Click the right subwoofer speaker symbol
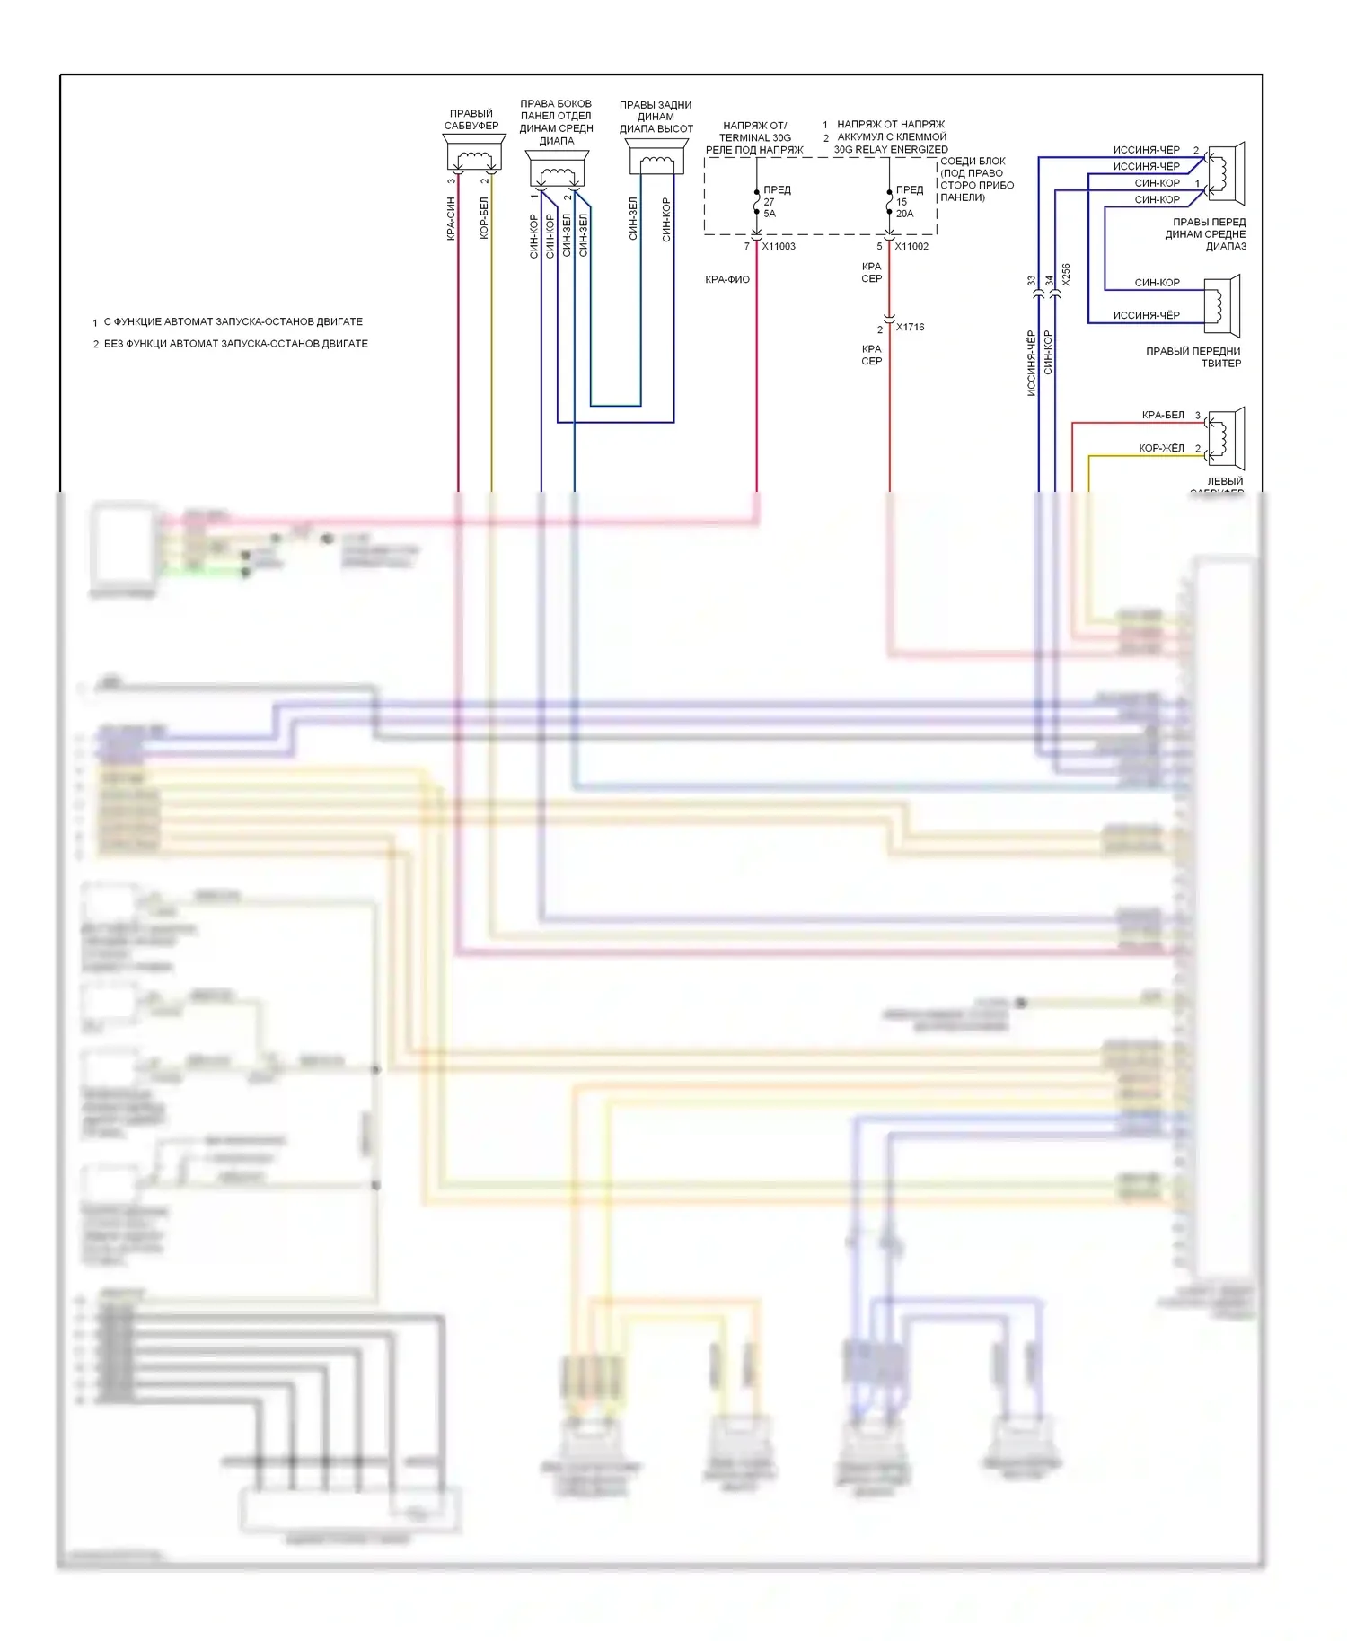click(473, 154)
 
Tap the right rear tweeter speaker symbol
click(656, 160)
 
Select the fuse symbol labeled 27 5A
click(757, 203)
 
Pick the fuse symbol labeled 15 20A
click(890, 203)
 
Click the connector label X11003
click(779, 246)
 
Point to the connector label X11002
click(911, 246)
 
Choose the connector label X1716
click(910, 327)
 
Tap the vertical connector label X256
click(1066, 275)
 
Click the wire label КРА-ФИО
click(727, 279)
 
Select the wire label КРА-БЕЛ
click(1163, 415)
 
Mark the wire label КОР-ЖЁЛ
click(1161, 448)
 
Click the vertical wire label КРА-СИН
click(451, 219)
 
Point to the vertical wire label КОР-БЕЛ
click(484, 219)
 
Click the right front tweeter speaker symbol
click(1222, 305)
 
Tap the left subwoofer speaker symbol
click(1225, 438)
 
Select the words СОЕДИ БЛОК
click(973, 162)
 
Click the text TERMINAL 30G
click(755, 137)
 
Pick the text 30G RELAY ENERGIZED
click(891, 149)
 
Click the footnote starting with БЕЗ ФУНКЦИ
click(236, 344)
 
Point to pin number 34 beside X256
click(1049, 281)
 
